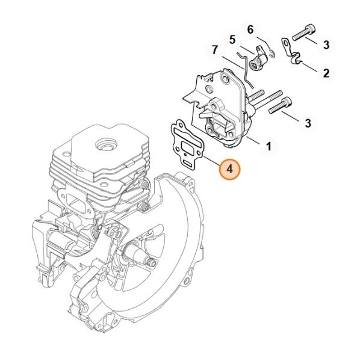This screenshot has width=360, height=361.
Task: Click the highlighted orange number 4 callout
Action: [x=229, y=169]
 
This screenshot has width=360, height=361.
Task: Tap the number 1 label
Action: [x=268, y=146]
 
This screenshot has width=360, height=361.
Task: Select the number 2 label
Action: [x=326, y=73]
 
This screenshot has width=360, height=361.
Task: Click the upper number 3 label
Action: [x=326, y=45]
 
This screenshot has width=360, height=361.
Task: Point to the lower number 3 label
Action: [x=308, y=123]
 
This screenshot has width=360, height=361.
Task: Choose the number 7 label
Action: [x=215, y=50]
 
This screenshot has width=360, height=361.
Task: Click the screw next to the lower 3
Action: [x=280, y=105]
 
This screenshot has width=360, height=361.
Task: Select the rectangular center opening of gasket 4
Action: [x=188, y=146]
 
